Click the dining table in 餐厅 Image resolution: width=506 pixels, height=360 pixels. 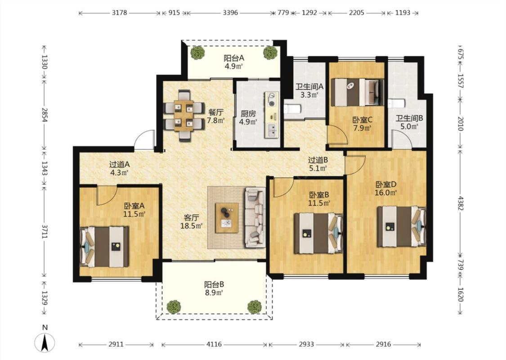(184, 116)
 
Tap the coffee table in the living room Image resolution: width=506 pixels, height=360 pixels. (227, 218)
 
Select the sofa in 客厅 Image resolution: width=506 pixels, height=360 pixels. (255, 218)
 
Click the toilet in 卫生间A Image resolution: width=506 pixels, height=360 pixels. (293, 109)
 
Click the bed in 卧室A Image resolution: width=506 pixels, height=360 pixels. (104, 247)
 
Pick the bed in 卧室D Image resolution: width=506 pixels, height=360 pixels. (402, 226)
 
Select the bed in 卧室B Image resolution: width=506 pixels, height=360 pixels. (318, 233)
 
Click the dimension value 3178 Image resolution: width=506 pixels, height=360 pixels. (119, 13)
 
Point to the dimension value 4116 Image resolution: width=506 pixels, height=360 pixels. (214, 344)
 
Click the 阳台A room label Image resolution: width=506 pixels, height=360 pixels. (234, 58)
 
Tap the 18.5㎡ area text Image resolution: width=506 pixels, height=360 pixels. (191, 226)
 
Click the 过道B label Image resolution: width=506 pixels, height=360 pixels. (318, 160)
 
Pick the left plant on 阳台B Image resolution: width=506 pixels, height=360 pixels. (174, 307)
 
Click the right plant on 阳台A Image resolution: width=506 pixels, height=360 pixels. (270, 53)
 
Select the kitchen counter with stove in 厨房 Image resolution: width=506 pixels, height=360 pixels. (272, 115)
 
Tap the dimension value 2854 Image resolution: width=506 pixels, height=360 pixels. (44, 115)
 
